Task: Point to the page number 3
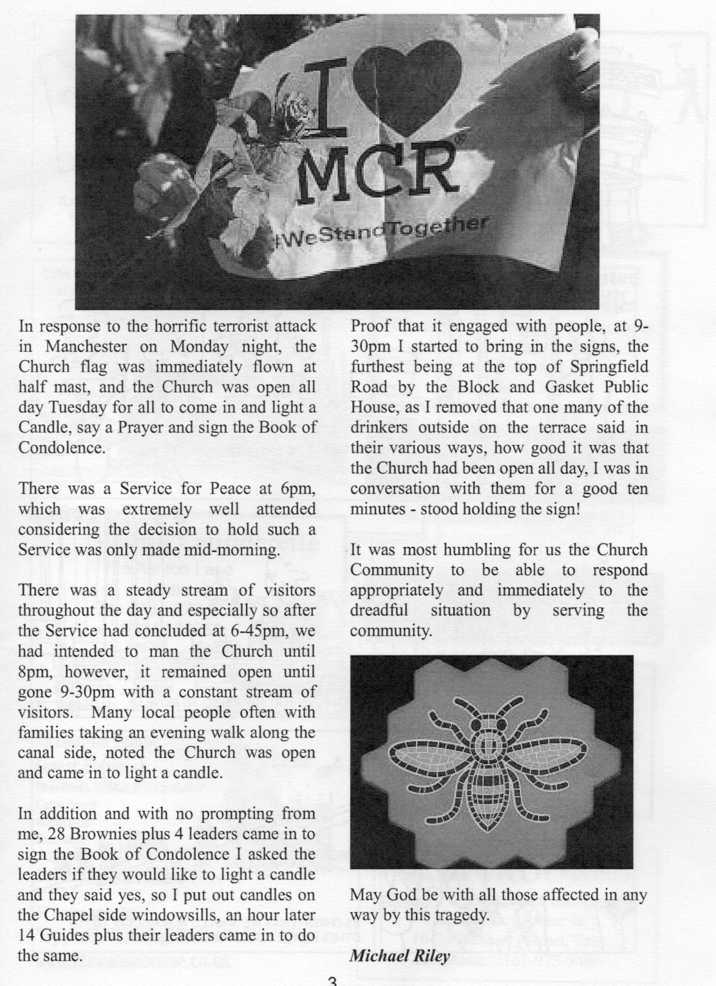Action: point(332,981)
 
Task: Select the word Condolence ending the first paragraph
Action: point(62,447)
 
